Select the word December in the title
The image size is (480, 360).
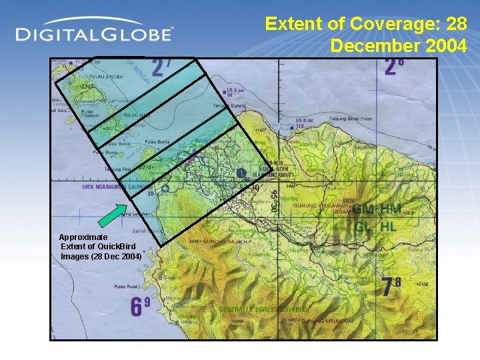point(367,45)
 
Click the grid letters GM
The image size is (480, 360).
point(365,209)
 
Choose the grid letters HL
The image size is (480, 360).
point(389,227)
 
